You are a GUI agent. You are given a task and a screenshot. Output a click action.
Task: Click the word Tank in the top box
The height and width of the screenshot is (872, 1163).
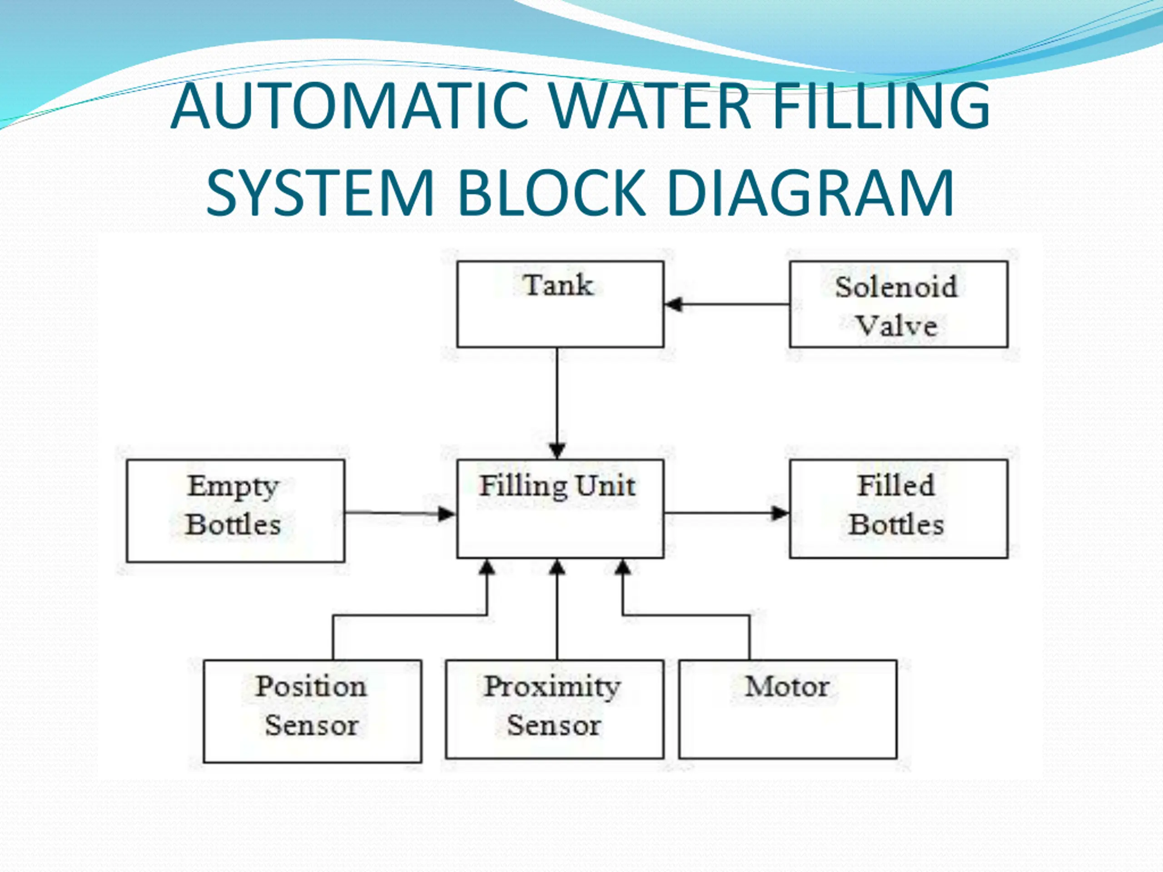(x=558, y=286)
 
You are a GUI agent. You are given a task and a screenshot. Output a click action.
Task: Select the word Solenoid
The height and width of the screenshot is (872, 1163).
(x=896, y=287)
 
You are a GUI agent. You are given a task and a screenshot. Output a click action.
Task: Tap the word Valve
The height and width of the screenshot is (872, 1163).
(x=897, y=326)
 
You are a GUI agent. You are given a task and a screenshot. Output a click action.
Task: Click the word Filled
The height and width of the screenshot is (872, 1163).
(x=896, y=485)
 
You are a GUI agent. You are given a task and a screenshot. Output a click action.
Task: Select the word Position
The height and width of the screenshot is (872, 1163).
(x=311, y=686)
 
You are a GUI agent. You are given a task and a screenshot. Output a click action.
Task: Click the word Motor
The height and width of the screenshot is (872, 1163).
(x=787, y=686)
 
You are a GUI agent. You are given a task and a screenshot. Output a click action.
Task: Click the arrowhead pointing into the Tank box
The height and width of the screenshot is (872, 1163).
(x=674, y=304)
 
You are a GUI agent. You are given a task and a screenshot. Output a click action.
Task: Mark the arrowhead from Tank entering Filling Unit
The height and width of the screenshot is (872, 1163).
(x=557, y=451)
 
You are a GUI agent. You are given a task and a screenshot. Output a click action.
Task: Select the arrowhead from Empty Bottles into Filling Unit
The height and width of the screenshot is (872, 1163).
(x=447, y=514)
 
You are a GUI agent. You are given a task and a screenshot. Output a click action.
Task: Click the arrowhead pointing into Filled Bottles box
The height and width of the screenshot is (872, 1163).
(x=780, y=514)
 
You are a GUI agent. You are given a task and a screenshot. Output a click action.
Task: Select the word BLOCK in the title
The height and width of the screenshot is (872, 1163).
(x=552, y=193)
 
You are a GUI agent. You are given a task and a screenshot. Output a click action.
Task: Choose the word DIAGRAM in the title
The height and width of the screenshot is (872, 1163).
(x=810, y=193)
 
